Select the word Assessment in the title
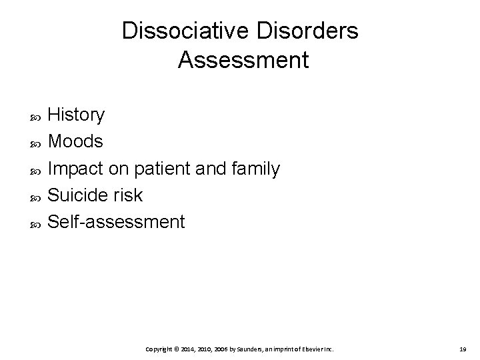click(x=243, y=61)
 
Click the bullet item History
click(x=77, y=115)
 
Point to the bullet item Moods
click(x=76, y=142)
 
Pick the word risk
click(x=129, y=195)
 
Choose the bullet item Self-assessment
click(x=117, y=222)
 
